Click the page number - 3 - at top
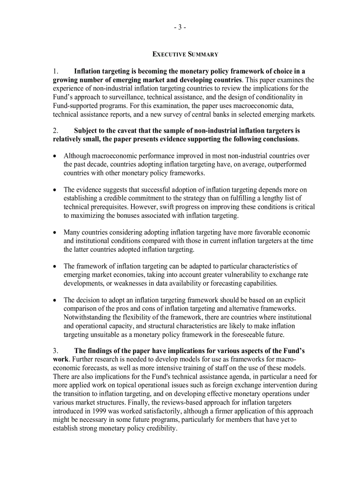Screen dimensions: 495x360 point(180,27)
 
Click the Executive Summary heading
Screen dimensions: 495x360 point(185,54)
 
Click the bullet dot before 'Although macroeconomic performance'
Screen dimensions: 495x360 point(55,156)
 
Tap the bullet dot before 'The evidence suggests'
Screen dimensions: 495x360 point(55,190)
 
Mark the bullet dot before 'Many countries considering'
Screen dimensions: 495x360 point(55,232)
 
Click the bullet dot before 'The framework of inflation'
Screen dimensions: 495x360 point(55,266)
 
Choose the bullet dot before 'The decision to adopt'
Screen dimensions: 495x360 point(55,300)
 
